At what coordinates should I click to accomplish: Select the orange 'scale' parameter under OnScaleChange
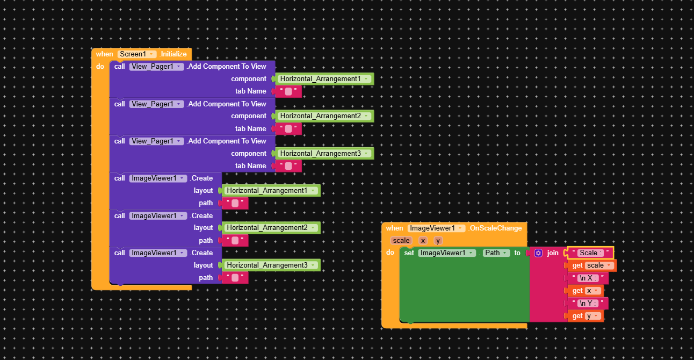pos(401,241)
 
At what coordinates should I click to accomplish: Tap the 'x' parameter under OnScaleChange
pos(423,241)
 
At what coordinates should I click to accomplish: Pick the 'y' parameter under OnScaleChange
pos(438,241)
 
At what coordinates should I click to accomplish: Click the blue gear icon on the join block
pos(538,253)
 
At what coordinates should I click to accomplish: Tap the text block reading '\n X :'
pos(589,278)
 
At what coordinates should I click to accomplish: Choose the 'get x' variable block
pos(585,291)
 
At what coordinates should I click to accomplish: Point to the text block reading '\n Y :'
pos(588,304)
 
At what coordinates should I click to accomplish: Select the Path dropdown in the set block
pos(496,253)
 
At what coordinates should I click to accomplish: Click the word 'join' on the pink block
pos(553,253)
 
